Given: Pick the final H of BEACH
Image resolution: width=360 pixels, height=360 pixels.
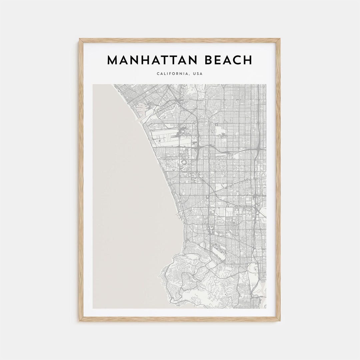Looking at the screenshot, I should (x=247, y=60).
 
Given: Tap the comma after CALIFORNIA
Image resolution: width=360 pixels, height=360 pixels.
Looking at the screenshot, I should (x=189, y=75).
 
